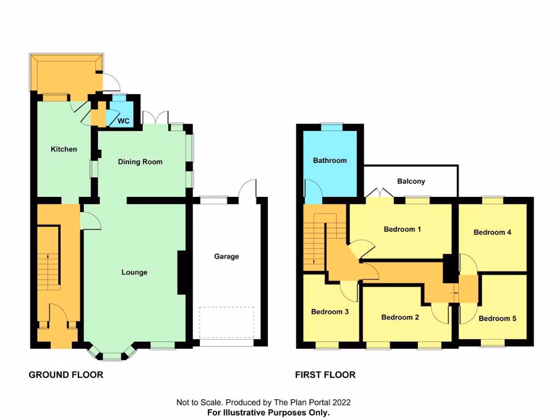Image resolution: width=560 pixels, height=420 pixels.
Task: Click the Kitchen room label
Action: (64, 149)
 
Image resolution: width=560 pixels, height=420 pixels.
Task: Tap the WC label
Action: (124, 121)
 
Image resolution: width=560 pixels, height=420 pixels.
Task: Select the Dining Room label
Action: (141, 162)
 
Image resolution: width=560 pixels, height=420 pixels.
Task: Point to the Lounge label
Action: (134, 272)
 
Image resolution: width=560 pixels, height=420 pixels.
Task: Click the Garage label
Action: (226, 256)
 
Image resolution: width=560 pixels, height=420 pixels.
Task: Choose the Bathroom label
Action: (330, 161)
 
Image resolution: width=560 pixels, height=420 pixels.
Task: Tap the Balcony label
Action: (411, 182)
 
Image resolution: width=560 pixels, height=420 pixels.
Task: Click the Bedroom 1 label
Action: (402, 229)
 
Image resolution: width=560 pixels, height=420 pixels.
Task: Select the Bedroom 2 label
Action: (400, 317)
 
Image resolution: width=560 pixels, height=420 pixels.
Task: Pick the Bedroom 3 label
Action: (330, 312)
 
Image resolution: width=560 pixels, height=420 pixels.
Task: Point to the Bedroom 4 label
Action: (492, 232)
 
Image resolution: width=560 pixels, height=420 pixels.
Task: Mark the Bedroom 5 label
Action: (497, 318)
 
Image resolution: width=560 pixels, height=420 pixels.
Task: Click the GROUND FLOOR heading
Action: (66, 375)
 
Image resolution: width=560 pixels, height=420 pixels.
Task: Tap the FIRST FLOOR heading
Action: (325, 375)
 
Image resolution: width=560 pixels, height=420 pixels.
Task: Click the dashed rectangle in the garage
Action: (227, 323)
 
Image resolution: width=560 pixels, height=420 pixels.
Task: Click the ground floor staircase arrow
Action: (48, 268)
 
